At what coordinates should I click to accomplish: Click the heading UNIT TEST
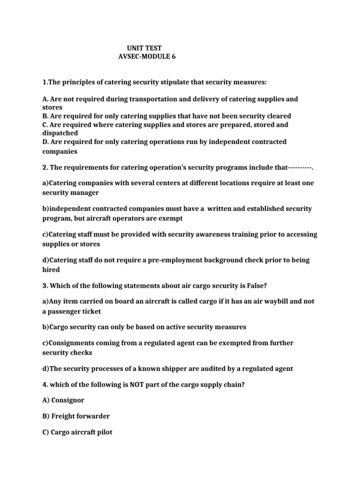click(x=144, y=48)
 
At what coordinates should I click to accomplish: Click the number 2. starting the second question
click(x=45, y=167)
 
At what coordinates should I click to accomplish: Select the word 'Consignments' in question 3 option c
click(x=73, y=343)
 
